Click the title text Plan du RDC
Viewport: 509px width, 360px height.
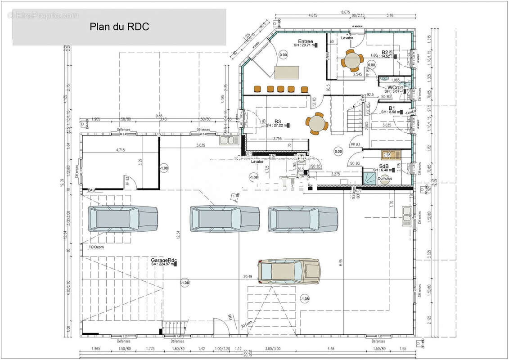[x=120, y=27]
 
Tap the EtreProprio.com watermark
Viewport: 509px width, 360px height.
[x=43, y=16]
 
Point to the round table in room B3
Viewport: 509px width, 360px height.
[x=316, y=123]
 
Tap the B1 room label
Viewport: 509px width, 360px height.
[x=392, y=108]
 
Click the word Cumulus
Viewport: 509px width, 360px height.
[x=385, y=178]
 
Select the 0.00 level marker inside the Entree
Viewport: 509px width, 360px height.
[x=283, y=55]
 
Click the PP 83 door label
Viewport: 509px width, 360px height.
[x=356, y=144]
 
